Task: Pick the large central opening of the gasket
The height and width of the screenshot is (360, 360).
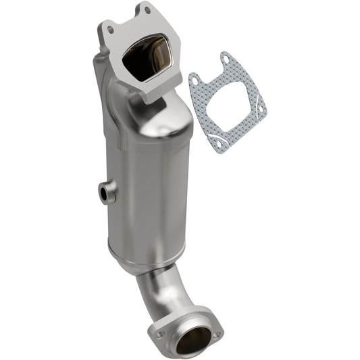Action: pos(227,101)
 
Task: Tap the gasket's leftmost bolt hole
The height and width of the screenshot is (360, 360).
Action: pos(195,81)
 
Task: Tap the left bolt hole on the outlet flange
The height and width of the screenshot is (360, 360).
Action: pos(160,332)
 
